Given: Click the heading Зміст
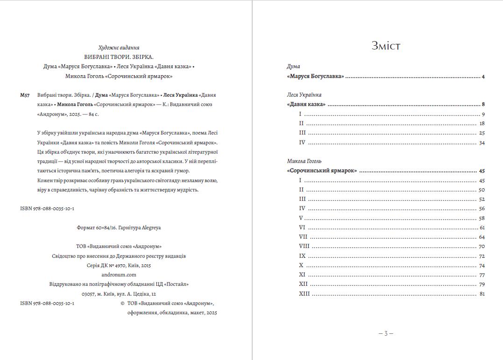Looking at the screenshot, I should click(x=386, y=46).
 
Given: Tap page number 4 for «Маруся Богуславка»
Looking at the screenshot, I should click(x=483, y=77).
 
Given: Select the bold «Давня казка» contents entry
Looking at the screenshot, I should click(x=306, y=105).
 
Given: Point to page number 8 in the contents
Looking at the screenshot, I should click(x=483, y=105).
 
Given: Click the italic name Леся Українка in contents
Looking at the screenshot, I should click(x=304, y=95).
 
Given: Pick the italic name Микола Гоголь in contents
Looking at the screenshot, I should click(x=304, y=161).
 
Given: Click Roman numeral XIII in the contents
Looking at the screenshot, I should click(x=304, y=294).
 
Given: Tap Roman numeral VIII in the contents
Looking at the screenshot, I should click(x=304, y=246).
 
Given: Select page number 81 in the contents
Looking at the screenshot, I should click(x=482, y=294).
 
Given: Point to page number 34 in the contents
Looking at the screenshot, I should click(x=482, y=143).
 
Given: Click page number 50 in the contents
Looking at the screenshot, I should click(x=482, y=190).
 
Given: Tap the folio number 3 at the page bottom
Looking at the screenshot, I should click(x=386, y=333).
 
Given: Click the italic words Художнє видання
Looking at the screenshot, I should click(x=119, y=48).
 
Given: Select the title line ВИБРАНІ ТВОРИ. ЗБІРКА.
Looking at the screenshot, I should click(x=119, y=57).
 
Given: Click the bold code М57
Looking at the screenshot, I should click(x=25, y=95).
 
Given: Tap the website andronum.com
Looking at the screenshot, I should click(x=119, y=275).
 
